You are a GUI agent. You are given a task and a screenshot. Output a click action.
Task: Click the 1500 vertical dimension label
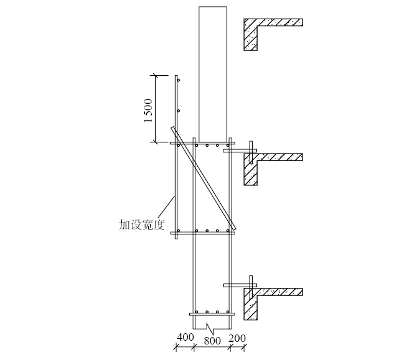point(148,111)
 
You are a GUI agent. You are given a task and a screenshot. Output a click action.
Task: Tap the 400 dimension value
point(185,338)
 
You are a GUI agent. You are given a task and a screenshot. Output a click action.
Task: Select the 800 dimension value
point(212,341)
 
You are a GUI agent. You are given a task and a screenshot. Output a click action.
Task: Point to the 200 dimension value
point(237,338)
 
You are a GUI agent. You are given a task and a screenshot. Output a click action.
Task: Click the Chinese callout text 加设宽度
point(141,225)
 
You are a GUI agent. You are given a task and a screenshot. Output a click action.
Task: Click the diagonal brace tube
point(204,178)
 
